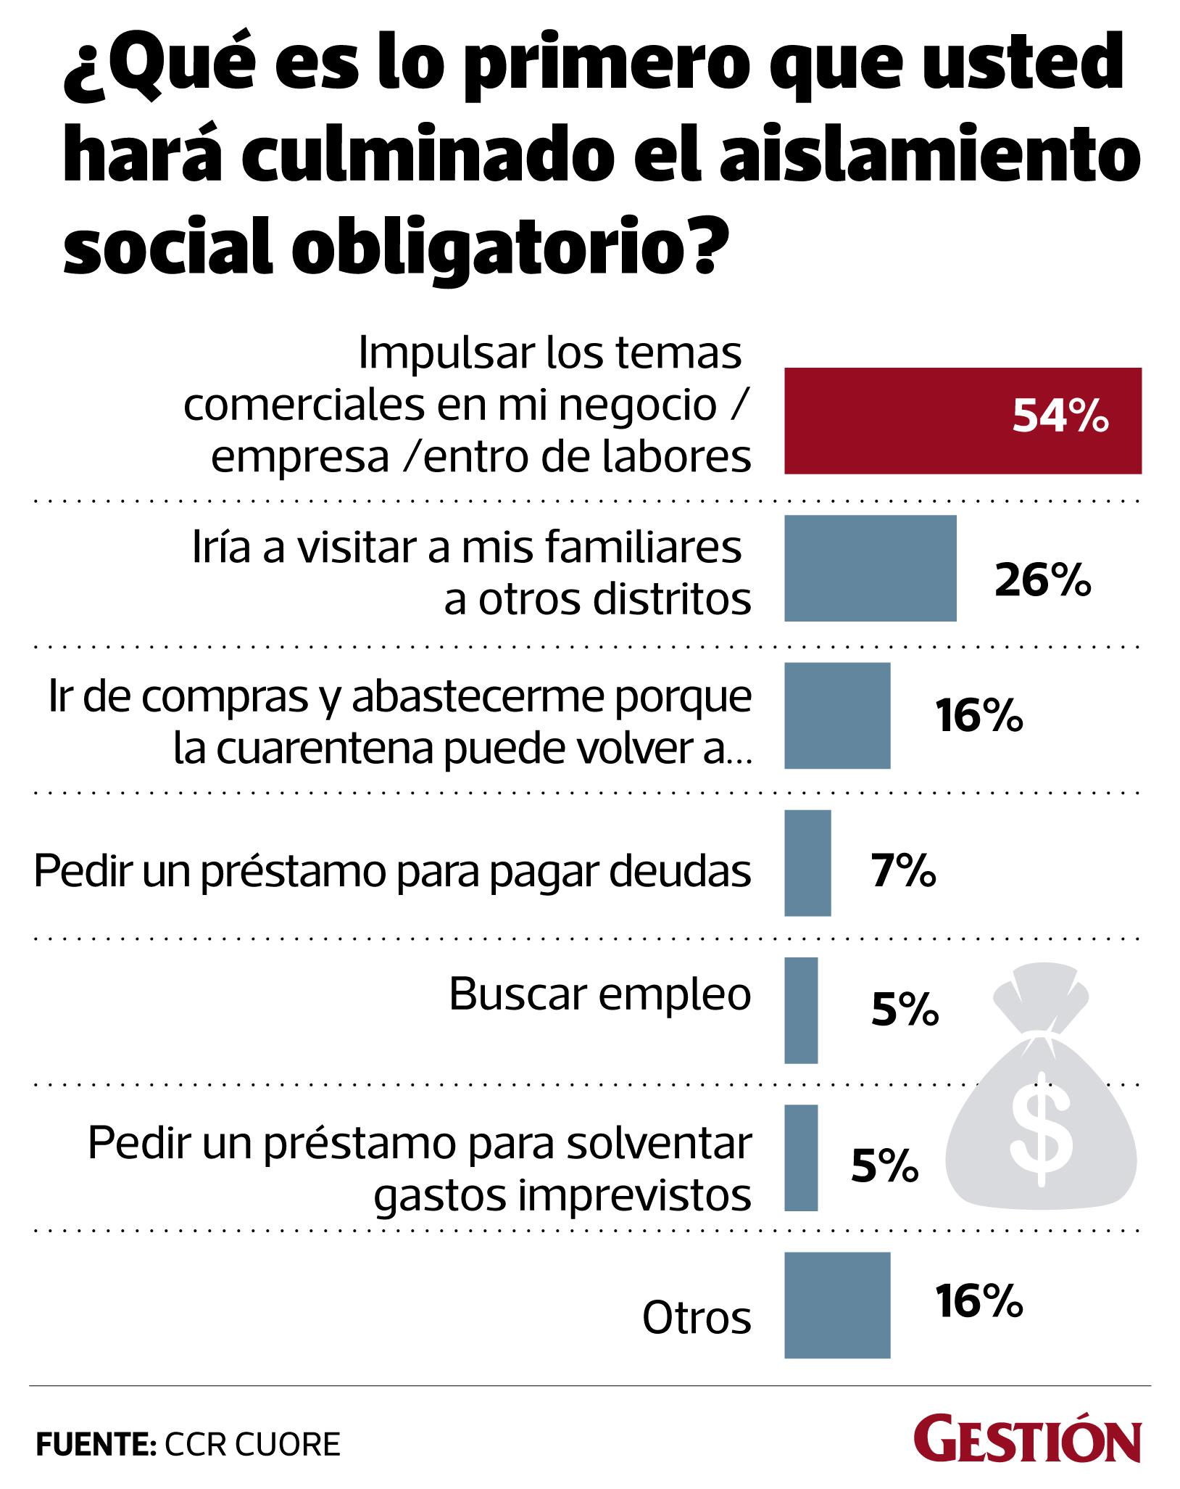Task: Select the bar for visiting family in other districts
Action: pos(870,568)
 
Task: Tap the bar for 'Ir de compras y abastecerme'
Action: pos(837,715)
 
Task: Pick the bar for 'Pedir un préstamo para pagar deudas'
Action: pos(807,862)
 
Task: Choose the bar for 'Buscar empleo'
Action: pos(801,1010)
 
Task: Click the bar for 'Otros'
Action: pos(837,1305)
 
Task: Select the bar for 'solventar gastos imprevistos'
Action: pos(801,1158)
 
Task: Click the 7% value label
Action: pos(903,871)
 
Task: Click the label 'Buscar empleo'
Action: pos(600,994)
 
